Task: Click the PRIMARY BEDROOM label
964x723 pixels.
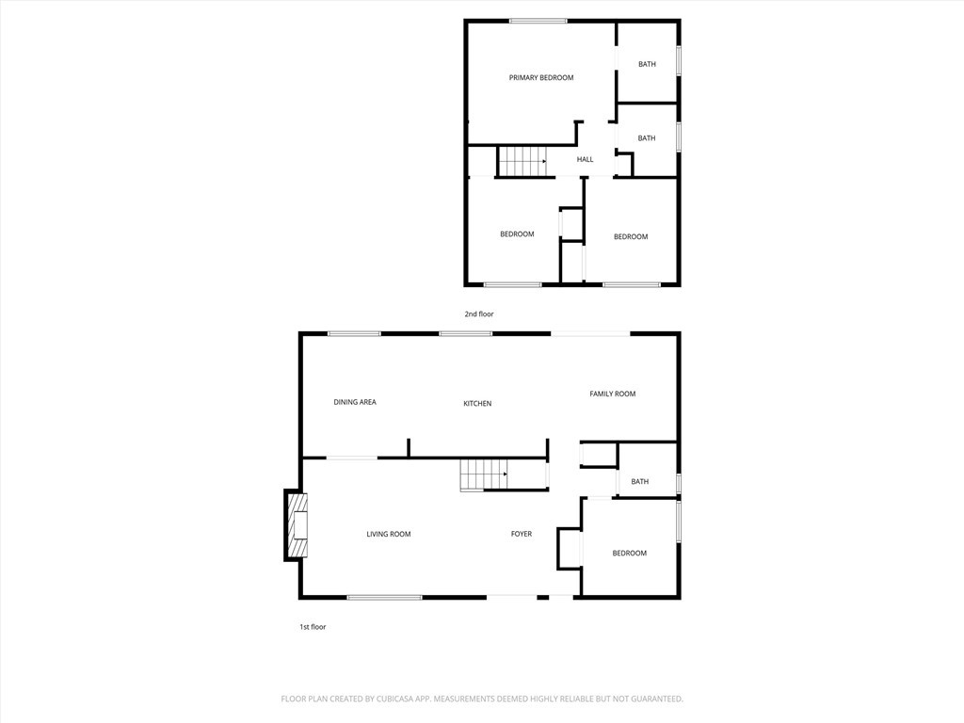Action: pyautogui.click(x=541, y=78)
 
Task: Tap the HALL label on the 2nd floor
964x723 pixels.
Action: pyautogui.click(x=585, y=160)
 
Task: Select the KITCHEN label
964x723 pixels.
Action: pyautogui.click(x=477, y=404)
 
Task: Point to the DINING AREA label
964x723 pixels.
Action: pyautogui.click(x=355, y=402)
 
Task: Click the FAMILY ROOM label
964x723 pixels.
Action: pyautogui.click(x=612, y=394)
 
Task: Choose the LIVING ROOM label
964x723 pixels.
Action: pyautogui.click(x=389, y=535)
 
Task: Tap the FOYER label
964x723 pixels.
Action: pyautogui.click(x=522, y=535)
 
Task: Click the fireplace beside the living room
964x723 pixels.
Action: pyautogui.click(x=297, y=525)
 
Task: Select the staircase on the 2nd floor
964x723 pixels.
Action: pyautogui.click(x=522, y=161)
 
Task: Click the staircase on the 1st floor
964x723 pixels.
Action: pyautogui.click(x=484, y=474)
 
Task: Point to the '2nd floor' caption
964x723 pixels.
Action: pyautogui.click(x=479, y=314)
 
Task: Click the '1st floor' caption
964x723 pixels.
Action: pyautogui.click(x=313, y=627)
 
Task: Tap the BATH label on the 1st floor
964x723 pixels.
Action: pyautogui.click(x=640, y=482)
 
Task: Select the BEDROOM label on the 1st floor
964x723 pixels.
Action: pyautogui.click(x=630, y=554)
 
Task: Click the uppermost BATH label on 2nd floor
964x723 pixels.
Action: pyautogui.click(x=647, y=65)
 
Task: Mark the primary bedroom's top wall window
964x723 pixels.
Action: pyautogui.click(x=538, y=21)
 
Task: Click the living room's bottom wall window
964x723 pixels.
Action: pyautogui.click(x=384, y=597)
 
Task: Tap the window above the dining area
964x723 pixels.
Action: pyautogui.click(x=354, y=333)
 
